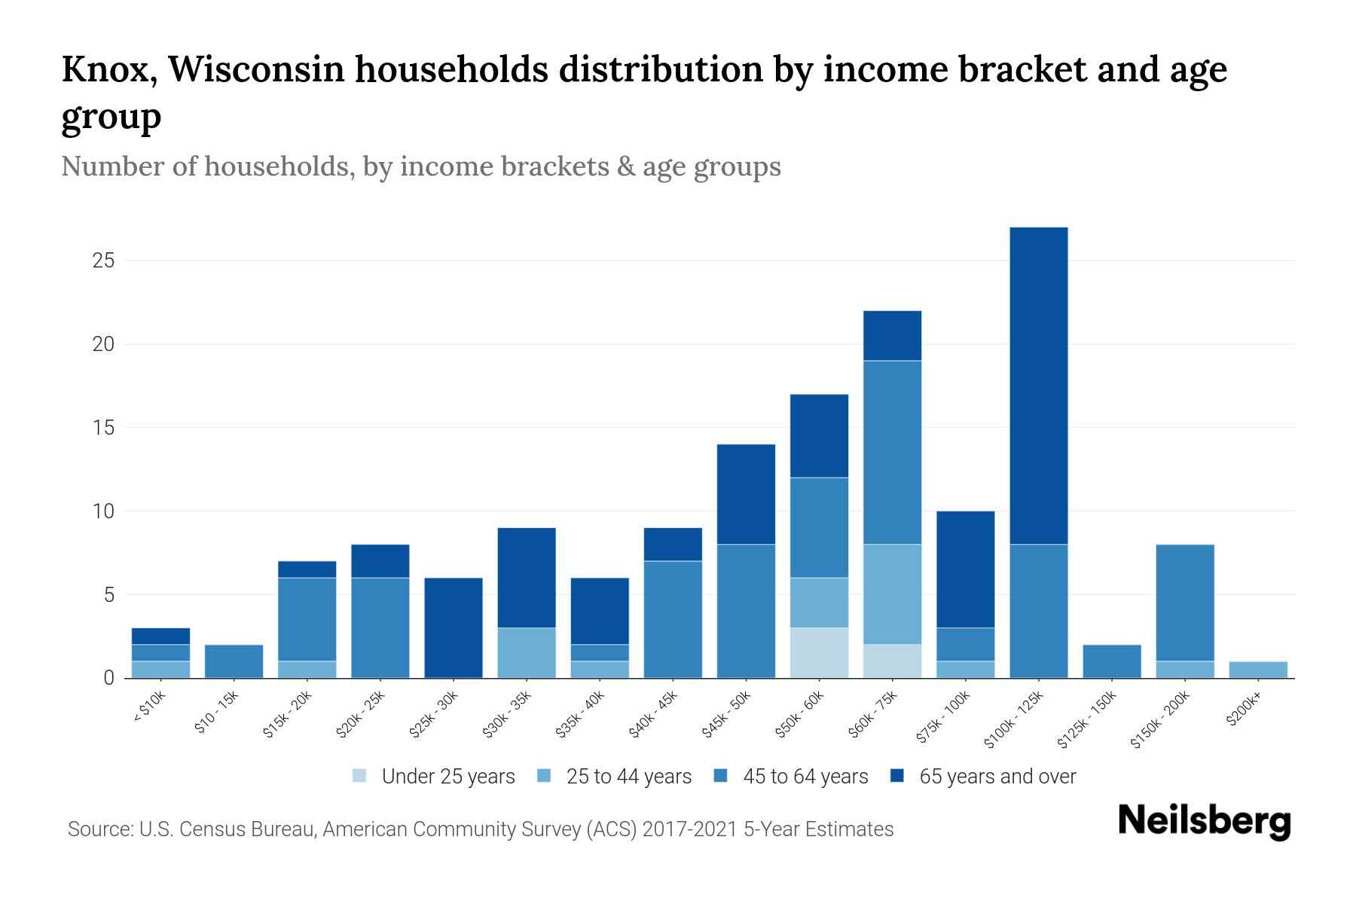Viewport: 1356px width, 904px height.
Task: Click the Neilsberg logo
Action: [x=1204, y=821]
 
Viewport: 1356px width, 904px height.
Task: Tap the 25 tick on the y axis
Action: [x=103, y=261]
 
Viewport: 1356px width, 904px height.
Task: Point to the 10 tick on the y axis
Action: [x=103, y=512]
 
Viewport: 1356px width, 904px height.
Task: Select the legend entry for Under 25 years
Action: [x=434, y=777]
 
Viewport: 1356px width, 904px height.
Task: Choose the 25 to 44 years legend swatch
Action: [x=544, y=776]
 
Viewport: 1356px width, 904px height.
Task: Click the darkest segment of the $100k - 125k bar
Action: [x=1038, y=385]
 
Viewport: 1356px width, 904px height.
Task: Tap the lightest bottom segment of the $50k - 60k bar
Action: [x=819, y=652]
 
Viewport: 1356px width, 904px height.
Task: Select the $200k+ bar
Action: [x=1258, y=670]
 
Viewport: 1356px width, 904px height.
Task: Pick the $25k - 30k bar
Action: [x=454, y=628]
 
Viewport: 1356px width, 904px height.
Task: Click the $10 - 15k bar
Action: [x=234, y=661]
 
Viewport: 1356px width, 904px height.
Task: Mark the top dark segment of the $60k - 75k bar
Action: [x=892, y=335]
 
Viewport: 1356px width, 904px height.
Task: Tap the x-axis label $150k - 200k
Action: [x=1161, y=720]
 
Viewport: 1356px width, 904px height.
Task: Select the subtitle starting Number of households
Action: [x=420, y=166]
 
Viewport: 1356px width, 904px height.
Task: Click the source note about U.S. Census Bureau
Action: [x=480, y=829]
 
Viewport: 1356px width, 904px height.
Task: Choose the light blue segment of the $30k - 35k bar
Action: [x=527, y=652]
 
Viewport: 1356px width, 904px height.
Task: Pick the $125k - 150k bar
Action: [x=1111, y=661]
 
